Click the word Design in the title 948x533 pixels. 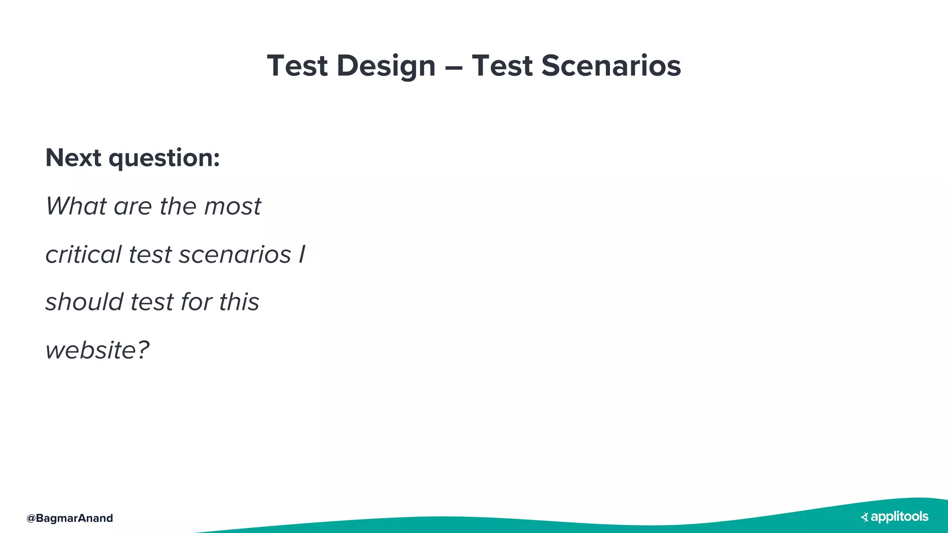[386, 66]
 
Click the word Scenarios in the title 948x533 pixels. [611, 66]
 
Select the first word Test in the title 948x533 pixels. [297, 66]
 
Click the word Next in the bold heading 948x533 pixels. [73, 158]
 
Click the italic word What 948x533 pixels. [76, 206]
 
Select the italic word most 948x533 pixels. [232, 207]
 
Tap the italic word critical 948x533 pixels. [83, 254]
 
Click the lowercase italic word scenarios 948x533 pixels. [235, 255]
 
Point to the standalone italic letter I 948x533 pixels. [302, 254]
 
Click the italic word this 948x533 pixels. [239, 302]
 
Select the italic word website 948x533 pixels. [91, 350]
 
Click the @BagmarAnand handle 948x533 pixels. [70, 518]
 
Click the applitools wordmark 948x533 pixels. [899, 517]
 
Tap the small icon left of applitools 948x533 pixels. [864, 517]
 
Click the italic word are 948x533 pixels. [132, 207]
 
